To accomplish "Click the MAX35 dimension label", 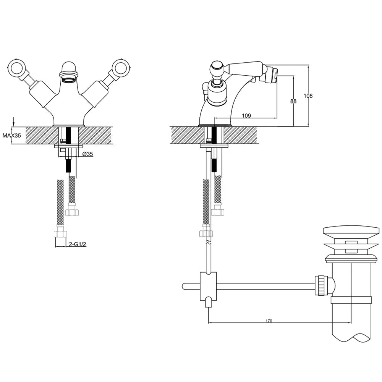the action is coord(12,136).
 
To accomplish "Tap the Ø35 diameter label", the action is coord(88,154).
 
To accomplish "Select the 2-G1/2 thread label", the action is coord(78,244).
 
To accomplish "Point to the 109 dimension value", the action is coord(246,115).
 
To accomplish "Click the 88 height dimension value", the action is coord(293,101).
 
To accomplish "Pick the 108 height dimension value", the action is coord(308,96).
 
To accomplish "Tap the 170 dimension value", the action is coord(269,321).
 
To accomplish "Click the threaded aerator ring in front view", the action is coord(69,80).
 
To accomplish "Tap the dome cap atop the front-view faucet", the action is coord(69,68).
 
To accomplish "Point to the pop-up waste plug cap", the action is coord(351,233).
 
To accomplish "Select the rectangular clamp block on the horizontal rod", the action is coord(208,286).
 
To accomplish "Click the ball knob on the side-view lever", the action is coord(218,67).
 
